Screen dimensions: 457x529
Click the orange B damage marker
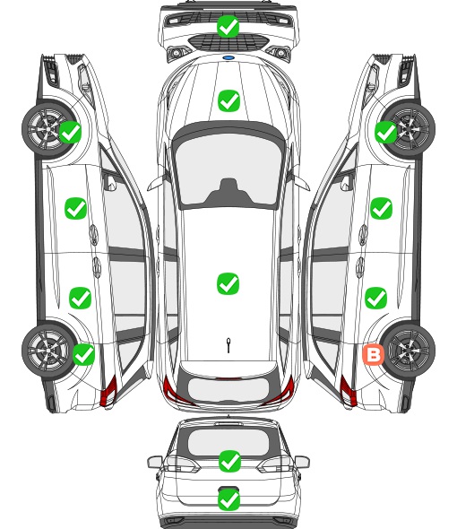pos(373,354)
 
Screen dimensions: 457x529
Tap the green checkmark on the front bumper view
pos(228,26)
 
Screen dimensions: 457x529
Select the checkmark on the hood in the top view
pos(228,100)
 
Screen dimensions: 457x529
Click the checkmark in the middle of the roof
pos(228,283)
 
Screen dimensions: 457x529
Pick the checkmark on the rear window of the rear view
pos(229,461)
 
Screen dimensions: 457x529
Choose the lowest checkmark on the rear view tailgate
pos(229,499)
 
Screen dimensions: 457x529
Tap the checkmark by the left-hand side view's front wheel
pos(71,132)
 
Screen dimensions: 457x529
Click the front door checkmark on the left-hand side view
pos(75,209)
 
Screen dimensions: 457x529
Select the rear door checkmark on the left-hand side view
pos(81,298)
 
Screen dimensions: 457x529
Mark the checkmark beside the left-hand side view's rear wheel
pos(83,354)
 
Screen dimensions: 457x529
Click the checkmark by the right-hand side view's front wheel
pos(386,132)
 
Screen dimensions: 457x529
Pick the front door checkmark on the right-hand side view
pos(381,209)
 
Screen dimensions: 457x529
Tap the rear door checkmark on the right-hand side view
pos(376,298)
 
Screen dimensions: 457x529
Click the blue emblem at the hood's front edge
pos(228,57)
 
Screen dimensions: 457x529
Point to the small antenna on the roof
pos(228,345)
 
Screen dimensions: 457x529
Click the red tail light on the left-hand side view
pos(108,391)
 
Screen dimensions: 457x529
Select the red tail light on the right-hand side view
pos(348,391)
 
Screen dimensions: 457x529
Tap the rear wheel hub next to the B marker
pos(410,351)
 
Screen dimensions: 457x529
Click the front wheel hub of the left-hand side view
pos(47,129)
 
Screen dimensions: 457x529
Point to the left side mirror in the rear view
pos(155,462)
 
